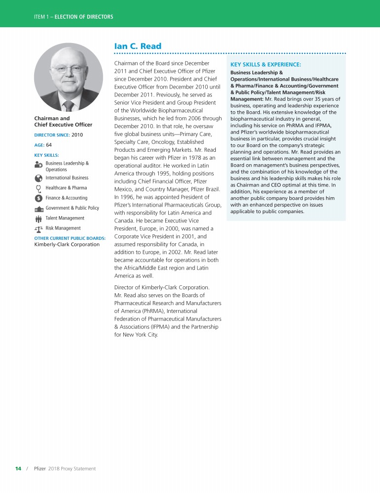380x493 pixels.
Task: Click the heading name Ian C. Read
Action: click(138, 46)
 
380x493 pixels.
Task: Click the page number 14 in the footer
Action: click(18, 469)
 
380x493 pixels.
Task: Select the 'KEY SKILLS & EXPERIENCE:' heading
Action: click(266, 64)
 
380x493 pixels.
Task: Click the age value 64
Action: click(49, 145)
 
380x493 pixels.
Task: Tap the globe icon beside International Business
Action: click(39, 178)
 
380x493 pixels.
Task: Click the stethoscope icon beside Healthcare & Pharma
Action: click(39, 188)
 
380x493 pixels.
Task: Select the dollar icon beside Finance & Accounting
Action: click(39, 198)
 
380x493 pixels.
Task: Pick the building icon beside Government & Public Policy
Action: click(39, 208)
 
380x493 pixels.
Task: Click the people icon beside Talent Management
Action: click(39, 219)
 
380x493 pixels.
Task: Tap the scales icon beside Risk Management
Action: click(39, 228)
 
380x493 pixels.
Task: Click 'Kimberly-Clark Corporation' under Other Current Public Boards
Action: click(67, 244)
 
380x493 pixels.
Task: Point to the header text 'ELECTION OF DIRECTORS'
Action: click(84, 17)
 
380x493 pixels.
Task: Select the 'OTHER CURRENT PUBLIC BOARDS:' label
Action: click(70, 238)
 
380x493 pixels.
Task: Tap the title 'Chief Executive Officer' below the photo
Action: click(63, 125)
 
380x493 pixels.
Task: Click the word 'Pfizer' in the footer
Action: click(40, 469)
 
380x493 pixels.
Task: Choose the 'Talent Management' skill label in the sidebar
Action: click(65, 218)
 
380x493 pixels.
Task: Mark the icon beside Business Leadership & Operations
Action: click(39, 165)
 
